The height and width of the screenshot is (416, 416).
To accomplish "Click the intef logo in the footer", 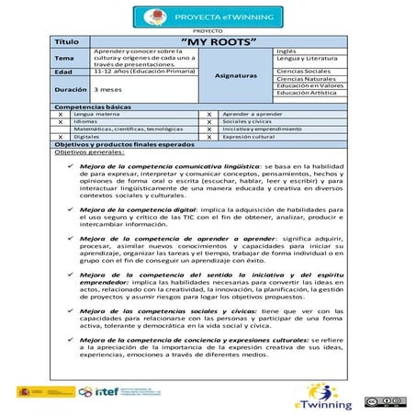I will [x=115, y=392].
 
